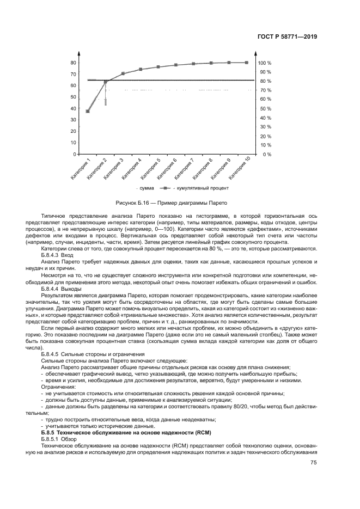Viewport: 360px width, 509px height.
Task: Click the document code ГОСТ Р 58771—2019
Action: click(x=286, y=36)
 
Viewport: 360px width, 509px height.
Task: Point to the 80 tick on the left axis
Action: click(x=74, y=63)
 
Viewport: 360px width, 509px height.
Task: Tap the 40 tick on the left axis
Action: click(x=74, y=108)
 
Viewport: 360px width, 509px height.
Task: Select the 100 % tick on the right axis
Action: click(x=265, y=63)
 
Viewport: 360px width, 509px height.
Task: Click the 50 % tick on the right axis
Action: click(x=265, y=109)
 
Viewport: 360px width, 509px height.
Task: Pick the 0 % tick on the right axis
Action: click(x=265, y=155)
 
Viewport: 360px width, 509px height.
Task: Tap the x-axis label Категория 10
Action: click(x=240, y=168)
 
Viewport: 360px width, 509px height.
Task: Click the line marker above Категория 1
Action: click(x=88, y=111)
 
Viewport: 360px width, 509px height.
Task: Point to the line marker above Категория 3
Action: click(x=123, y=73)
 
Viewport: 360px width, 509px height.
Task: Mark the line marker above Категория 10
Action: click(x=246, y=63)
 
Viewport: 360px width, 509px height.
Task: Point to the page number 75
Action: click(x=314, y=463)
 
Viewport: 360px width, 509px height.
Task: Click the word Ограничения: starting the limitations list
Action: click(x=57, y=386)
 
